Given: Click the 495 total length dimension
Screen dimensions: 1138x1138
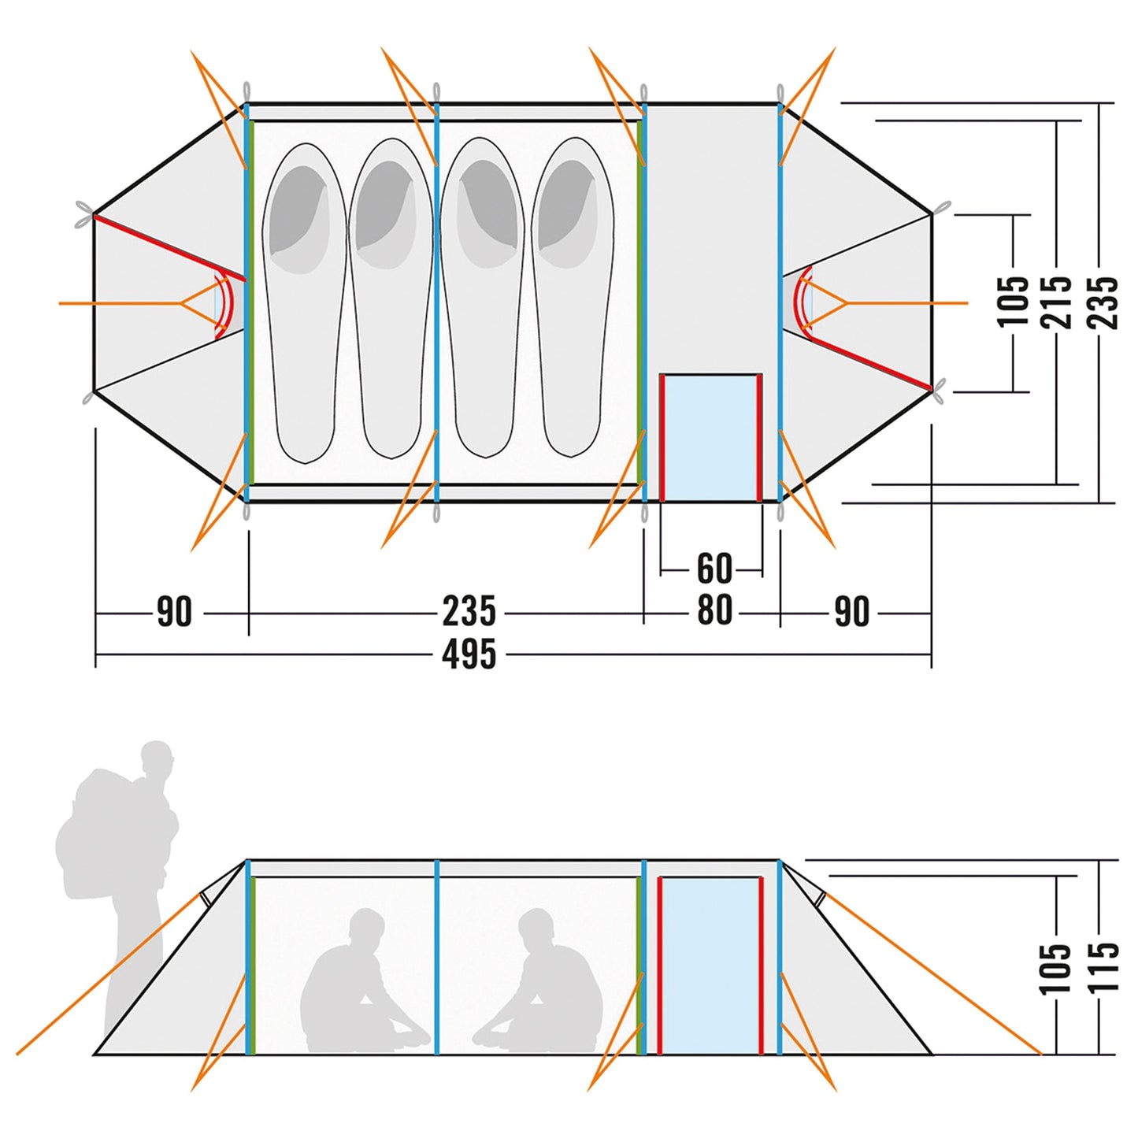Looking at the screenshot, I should pyautogui.click(x=469, y=654).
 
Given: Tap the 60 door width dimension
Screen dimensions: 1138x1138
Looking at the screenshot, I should pyautogui.click(x=714, y=569).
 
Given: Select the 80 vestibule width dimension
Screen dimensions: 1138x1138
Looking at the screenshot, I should pyautogui.click(x=714, y=610).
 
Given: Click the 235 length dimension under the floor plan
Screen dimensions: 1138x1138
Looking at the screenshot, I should pyautogui.click(x=469, y=612).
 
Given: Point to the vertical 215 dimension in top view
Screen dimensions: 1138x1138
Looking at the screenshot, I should pyautogui.click(x=1056, y=302).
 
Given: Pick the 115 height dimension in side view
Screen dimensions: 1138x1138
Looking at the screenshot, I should pyautogui.click(x=1105, y=966).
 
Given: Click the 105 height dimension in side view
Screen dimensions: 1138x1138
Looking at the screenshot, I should pyautogui.click(x=1055, y=968).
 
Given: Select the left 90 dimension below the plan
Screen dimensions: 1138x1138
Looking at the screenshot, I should pyautogui.click(x=174, y=612).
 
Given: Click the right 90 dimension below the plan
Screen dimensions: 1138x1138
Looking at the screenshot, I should pyautogui.click(x=851, y=612).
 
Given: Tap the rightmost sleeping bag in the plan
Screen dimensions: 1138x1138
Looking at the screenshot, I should pyautogui.click(x=573, y=299).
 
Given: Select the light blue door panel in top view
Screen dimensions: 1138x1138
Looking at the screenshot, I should pyautogui.click(x=710, y=438).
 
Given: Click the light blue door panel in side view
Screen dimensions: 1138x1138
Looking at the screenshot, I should pyautogui.click(x=710, y=965).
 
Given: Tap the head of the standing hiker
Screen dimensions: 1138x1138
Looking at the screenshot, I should pyautogui.click(x=158, y=758).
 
